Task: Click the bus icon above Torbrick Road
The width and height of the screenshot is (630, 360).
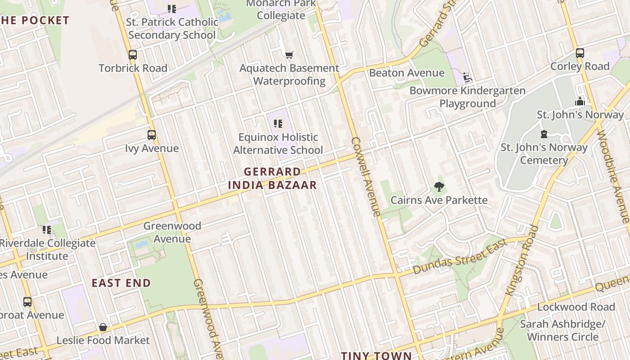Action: (132, 55)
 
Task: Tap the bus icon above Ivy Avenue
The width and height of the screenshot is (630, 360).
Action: (152, 135)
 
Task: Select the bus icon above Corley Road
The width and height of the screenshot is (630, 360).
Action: (580, 53)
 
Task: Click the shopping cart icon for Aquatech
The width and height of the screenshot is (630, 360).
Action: (289, 55)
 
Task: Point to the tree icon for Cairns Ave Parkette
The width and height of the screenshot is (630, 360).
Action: (439, 186)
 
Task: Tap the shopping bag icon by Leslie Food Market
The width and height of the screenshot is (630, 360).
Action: (103, 327)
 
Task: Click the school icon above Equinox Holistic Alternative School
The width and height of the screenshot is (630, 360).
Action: (278, 123)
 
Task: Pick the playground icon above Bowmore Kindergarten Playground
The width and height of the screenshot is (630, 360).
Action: (467, 77)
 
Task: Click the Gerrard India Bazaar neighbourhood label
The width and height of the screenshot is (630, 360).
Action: (272, 178)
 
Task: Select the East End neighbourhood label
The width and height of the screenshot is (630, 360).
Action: (121, 283)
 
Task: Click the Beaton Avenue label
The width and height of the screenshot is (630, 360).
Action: (406, 73)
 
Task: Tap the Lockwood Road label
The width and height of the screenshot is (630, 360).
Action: (576, 307)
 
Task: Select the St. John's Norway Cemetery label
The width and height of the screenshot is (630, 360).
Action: (544, 154)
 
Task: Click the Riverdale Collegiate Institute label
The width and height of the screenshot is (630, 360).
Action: (47, 250)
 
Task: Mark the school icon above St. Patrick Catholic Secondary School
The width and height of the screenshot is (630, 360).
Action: (171, 9)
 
